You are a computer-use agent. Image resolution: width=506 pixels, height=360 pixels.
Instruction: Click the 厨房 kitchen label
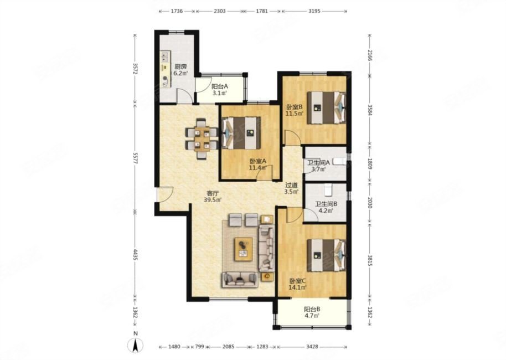[x=180, y=67]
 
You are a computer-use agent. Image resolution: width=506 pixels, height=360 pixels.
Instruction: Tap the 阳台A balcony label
[x=220, y=86]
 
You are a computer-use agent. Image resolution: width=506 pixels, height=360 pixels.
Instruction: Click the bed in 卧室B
[x=326, y=108]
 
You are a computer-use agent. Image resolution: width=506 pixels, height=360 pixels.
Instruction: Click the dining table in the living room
[x=202, y=139]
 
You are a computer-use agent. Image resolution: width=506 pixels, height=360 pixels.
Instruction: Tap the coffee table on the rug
[x=244, y=249]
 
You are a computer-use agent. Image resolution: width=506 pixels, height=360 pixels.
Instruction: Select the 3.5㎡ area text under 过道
[x=291, y=192]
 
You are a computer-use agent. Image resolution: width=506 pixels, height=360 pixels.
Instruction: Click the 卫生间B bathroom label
[x=326, y=204]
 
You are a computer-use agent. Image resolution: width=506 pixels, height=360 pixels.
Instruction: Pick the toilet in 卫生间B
[x=328, y=189]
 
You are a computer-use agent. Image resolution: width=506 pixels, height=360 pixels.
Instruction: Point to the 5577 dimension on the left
[x=135, y=157]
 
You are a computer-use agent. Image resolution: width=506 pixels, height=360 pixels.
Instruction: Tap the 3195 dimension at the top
[x=314, y=11]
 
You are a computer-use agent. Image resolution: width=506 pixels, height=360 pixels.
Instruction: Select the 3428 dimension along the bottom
[x=312, y=347]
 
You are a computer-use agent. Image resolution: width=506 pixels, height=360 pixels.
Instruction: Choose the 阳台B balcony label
[x=312, y=309]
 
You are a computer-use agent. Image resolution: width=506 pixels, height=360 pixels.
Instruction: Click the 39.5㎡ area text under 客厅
[x=213, y=200]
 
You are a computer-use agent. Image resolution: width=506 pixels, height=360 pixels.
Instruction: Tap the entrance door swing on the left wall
[x=165, y=194]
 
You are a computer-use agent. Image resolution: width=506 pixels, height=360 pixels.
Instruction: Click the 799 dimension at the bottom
[x=200, y=347]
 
